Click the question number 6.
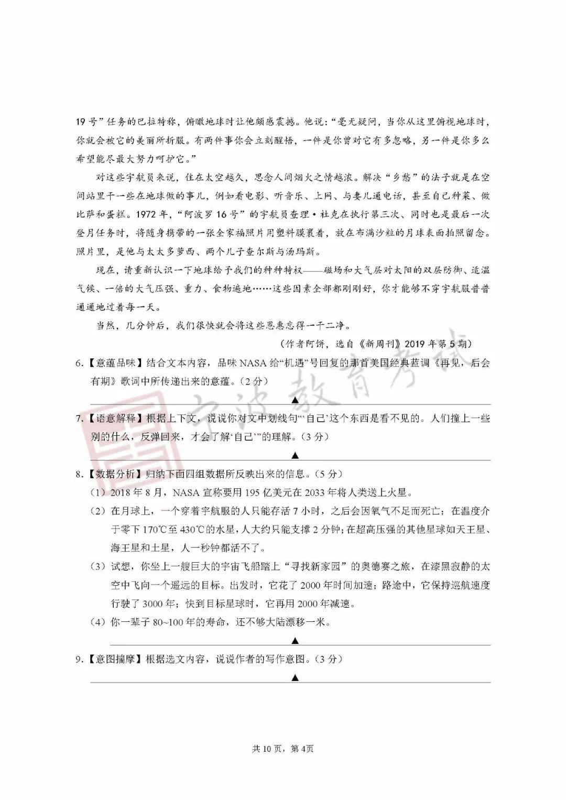click(79, 363)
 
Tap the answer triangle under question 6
click(295, 400)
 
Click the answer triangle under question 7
click(295, 455)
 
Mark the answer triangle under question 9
click(295, 677)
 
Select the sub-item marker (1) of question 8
click(99, 492)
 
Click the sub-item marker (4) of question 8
click(99, 622)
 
